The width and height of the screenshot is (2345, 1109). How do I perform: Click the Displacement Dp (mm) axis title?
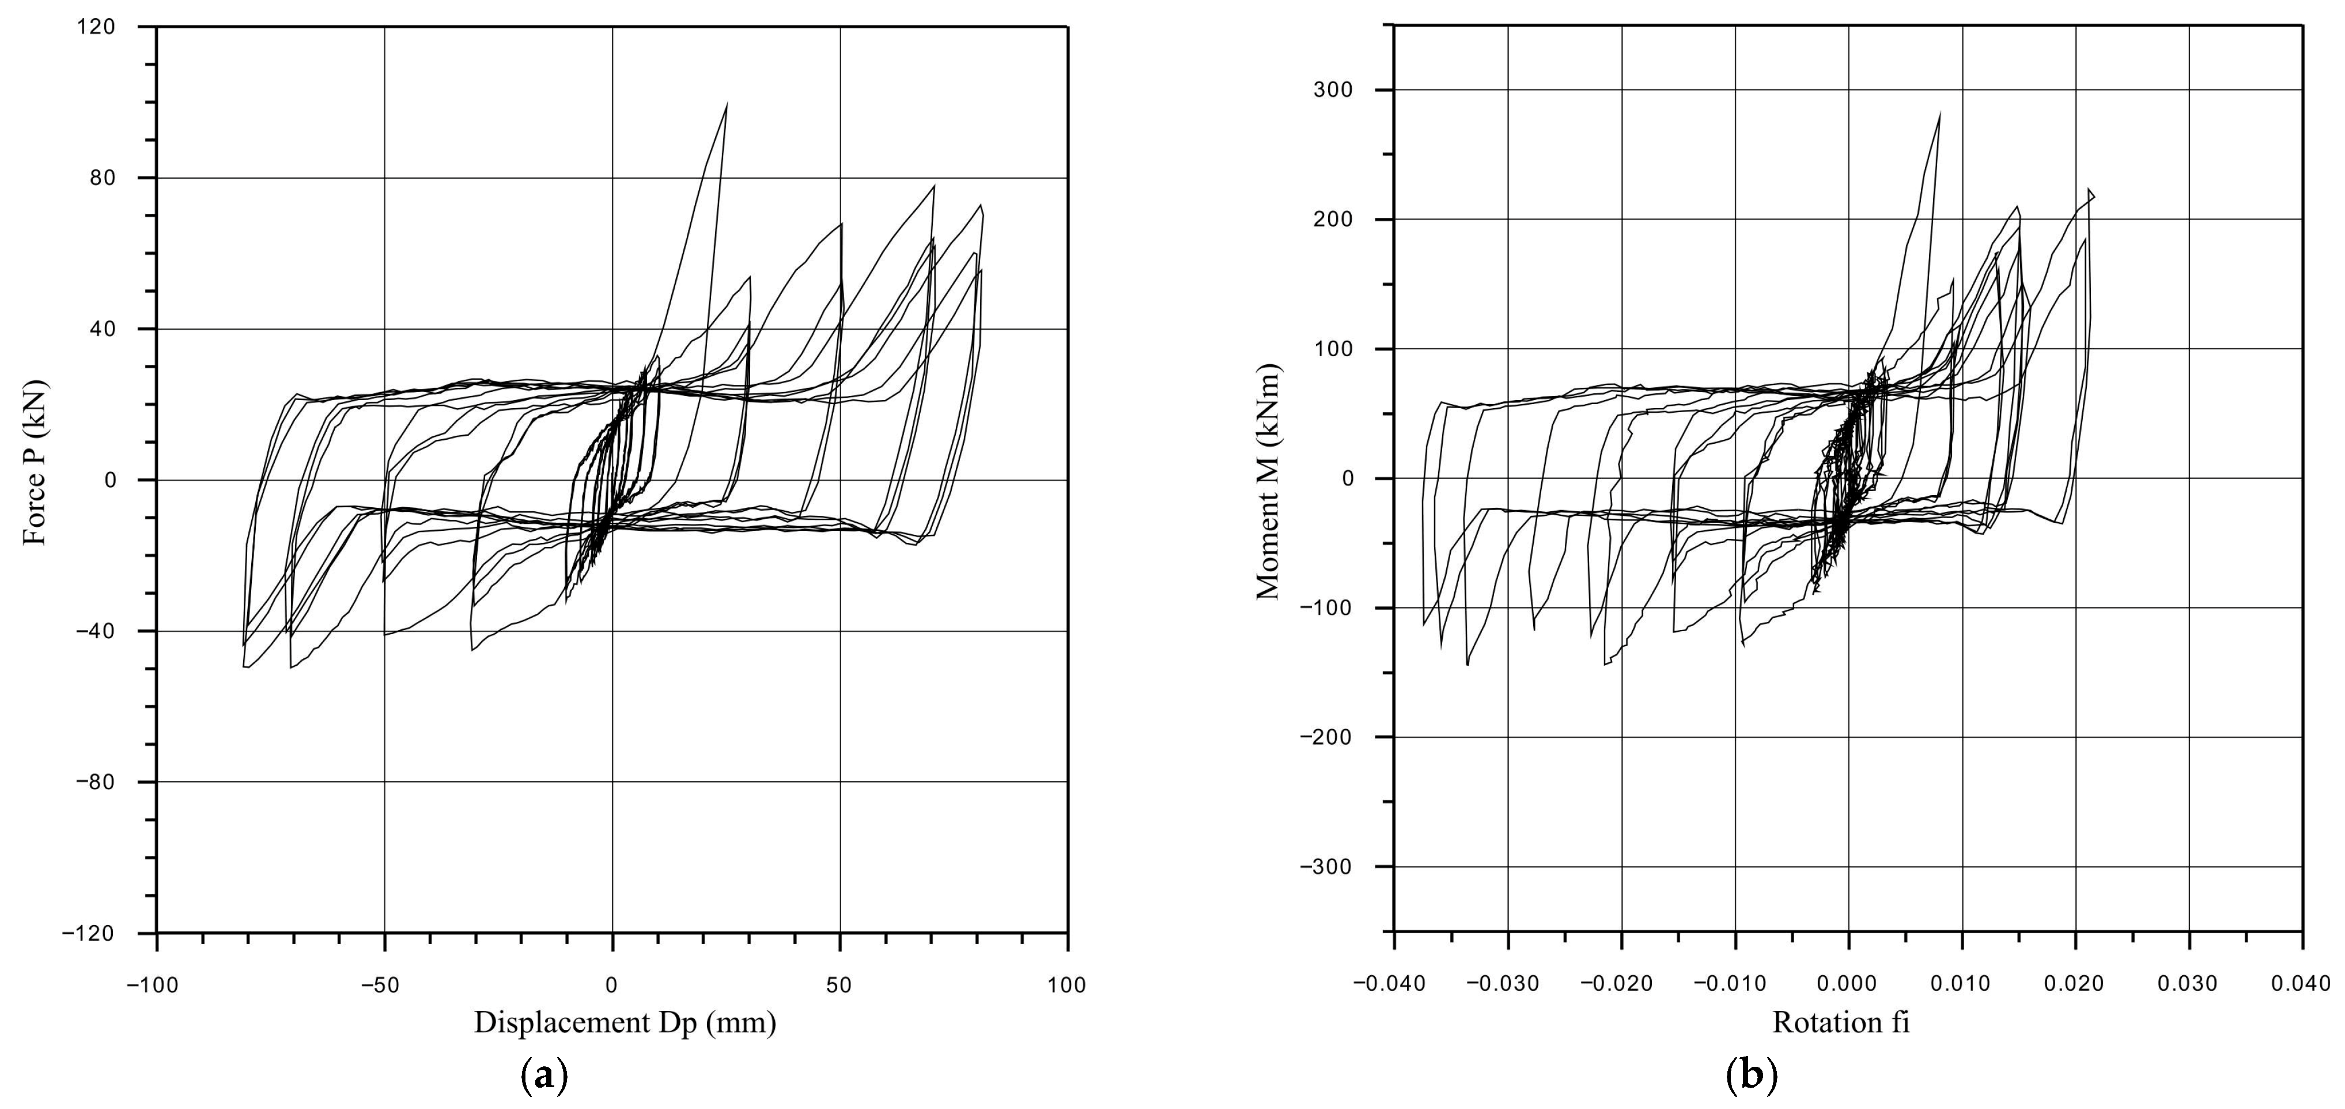[x=625, y=1023]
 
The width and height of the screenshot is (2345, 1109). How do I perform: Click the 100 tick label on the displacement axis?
[x=1067, y=984]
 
